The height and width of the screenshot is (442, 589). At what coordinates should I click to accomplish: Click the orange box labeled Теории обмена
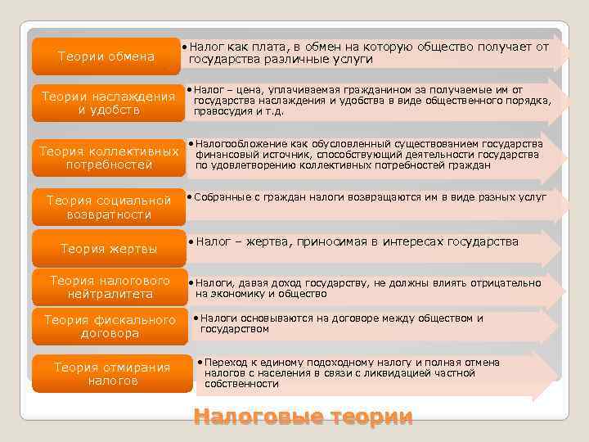(106, 56)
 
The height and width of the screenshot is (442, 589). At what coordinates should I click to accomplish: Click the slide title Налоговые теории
(303, 417)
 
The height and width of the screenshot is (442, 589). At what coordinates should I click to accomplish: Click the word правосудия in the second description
(218, 111)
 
